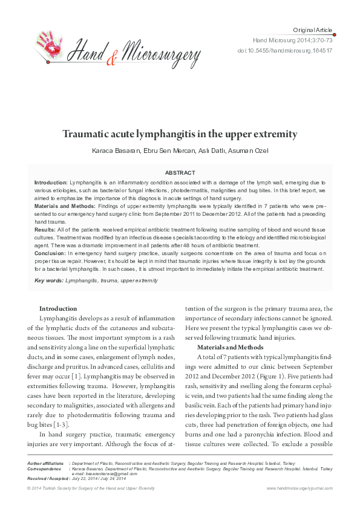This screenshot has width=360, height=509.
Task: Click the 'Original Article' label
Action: coord(312,30)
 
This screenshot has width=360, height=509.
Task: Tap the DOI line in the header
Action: coord(293,50)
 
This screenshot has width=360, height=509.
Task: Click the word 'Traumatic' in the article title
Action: coord(88,134)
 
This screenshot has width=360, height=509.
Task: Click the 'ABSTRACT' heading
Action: coord(180,172)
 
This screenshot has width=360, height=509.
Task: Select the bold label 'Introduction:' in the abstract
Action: coord(51,182)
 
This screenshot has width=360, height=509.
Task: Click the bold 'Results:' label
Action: coord(45,230)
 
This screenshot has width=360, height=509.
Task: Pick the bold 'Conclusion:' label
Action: coord(50,254)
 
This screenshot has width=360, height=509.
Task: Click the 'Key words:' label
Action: coord(48,280)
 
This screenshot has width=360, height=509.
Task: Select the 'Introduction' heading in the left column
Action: coord(58,308)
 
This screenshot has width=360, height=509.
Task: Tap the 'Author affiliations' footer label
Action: coord(47,463)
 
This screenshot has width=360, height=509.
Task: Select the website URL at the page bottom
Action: coord(299,488)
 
